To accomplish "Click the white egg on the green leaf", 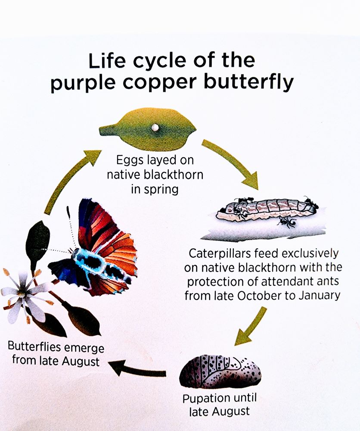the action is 155,127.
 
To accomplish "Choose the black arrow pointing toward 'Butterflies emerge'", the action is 137,370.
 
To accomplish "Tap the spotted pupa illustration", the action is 220,372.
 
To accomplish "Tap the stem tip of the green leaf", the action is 100,129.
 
